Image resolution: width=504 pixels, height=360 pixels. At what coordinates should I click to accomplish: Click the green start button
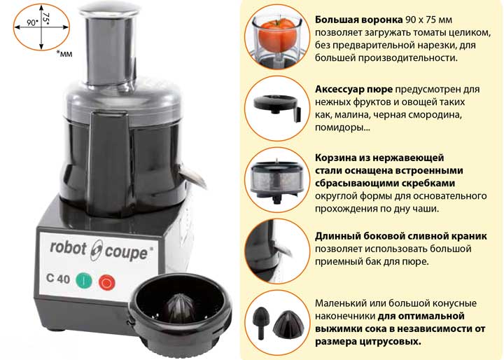pos(83,281)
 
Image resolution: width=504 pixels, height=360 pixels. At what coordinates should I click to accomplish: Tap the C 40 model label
pos(58,278)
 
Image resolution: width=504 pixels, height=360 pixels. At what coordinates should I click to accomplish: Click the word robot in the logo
pos(69,248)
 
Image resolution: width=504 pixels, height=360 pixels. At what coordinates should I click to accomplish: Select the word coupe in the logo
pos(126,253)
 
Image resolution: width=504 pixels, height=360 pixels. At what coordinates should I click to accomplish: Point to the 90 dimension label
pos(32,23)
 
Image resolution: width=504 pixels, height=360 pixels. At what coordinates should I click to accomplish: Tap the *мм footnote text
pos(64,53)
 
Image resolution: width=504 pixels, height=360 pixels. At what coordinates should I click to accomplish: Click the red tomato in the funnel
pos(276,35)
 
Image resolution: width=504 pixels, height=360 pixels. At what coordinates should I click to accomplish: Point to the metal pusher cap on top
pos(109,12)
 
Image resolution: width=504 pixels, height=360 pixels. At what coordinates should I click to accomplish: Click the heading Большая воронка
pos(358,20)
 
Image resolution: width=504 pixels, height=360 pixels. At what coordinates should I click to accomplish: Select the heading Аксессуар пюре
pos(353,90)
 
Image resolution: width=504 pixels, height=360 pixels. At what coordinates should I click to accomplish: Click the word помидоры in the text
pos(342,127)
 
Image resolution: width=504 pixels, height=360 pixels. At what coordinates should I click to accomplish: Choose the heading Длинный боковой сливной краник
pos(401,236)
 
